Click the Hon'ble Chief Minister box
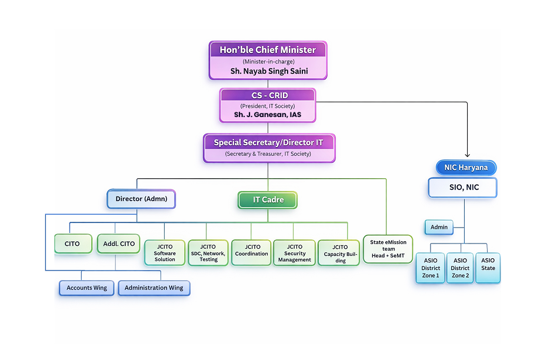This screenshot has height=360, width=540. pyautogui.click(x=268, y=60)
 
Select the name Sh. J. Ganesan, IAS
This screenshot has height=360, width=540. pyautogui.click(x=268, y=115)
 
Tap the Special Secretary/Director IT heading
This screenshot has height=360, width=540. pyautogui.click(x=268, y=143)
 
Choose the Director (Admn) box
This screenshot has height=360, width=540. pyautogui.click(x=141, y=199)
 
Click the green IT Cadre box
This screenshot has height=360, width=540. pyautogui.click(x=268, y=200)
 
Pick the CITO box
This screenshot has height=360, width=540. pyautogui.click(x=73, y=244)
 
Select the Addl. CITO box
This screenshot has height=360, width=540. pyautogui.click(x=119, y=244)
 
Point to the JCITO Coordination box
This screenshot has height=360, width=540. pyautogui.click(x=252, y=252)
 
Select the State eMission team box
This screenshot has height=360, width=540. pyautogui.click(x=388, y=249)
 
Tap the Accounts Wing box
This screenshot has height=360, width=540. pyautogui.click(x=86, y=288)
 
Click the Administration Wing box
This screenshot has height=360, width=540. pyautogui.click(x=154, y=288)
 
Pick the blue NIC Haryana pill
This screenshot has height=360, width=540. pyautogui.click(x=466, y=168)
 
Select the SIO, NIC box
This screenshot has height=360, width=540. pyautogui.click(x=462, y=188)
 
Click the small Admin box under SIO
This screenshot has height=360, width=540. pyautogui.click(x=439, y=227)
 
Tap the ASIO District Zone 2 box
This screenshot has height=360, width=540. pyautogui.click(x=460, y=268)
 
